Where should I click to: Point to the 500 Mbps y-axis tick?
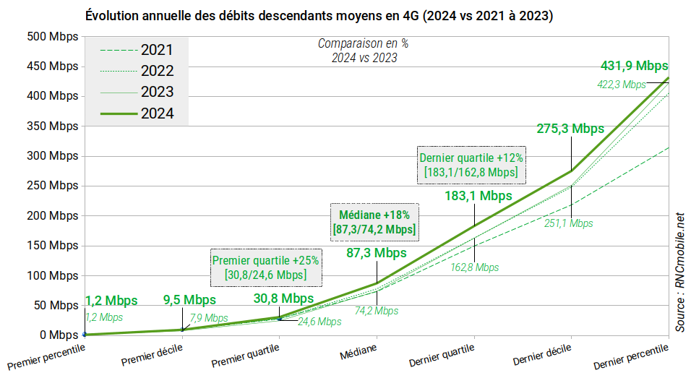pos(52,36)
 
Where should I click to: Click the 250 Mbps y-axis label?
pos(52,186)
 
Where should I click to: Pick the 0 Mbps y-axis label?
pos(58,335)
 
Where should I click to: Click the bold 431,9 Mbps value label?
pos(634,66)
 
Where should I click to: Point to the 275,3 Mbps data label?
pos(570,129)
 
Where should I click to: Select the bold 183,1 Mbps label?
pos(478,196)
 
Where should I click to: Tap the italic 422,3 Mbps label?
pos(620,85)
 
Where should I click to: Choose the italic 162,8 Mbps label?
pos(474,267)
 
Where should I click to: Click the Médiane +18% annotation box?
pos(374,223)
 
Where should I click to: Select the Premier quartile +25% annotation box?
pos(265,267)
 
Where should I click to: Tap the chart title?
pos(319,15)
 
